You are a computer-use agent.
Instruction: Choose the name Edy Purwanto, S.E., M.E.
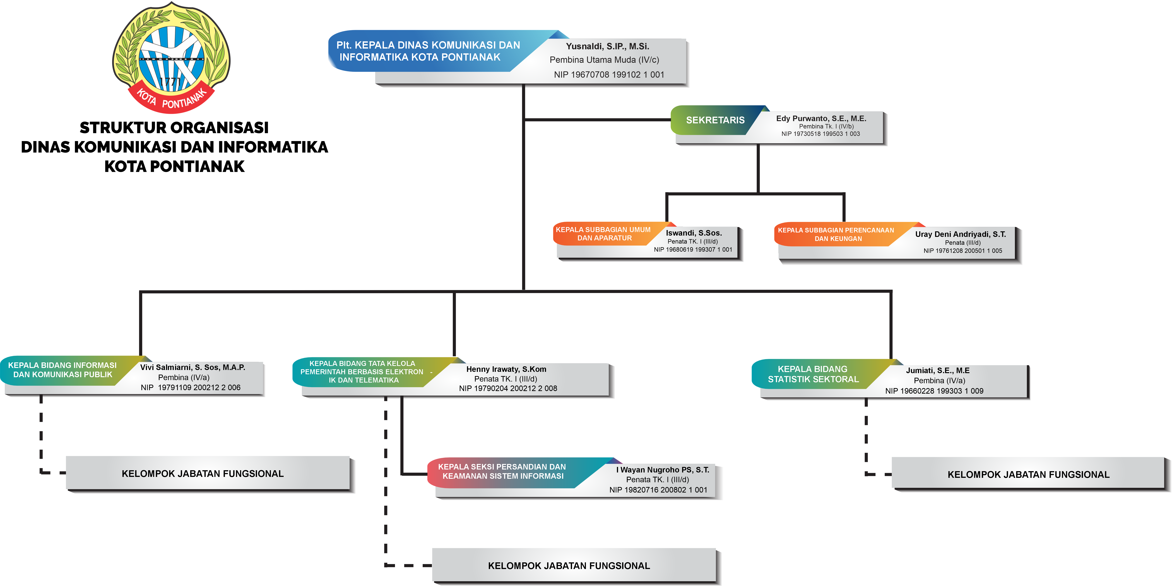821,118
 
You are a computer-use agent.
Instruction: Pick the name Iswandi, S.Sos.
693,233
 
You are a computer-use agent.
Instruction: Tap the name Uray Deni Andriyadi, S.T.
960,234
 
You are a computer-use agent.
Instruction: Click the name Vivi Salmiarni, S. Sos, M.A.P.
192,367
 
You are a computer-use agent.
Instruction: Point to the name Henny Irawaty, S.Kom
506,369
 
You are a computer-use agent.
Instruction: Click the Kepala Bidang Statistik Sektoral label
813,374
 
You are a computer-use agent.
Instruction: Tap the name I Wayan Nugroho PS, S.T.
662,470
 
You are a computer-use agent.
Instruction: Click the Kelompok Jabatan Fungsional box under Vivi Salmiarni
202,474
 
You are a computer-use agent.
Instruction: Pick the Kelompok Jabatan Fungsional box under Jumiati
1028,474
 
